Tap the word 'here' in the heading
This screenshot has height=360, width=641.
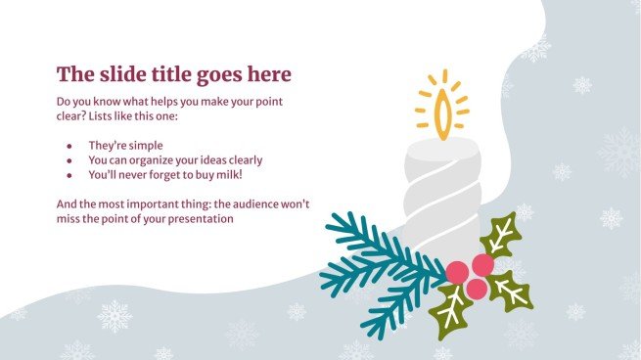click(x=268, y=74)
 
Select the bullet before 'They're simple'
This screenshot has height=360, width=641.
click(x=69, y=145)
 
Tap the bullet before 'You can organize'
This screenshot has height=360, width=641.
click(x=69, y=159)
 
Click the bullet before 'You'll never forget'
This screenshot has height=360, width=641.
click(x=69, y=174)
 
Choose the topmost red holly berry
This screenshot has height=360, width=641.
click(x=482, y=264)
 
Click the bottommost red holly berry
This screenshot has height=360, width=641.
click(x=476, y=289)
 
